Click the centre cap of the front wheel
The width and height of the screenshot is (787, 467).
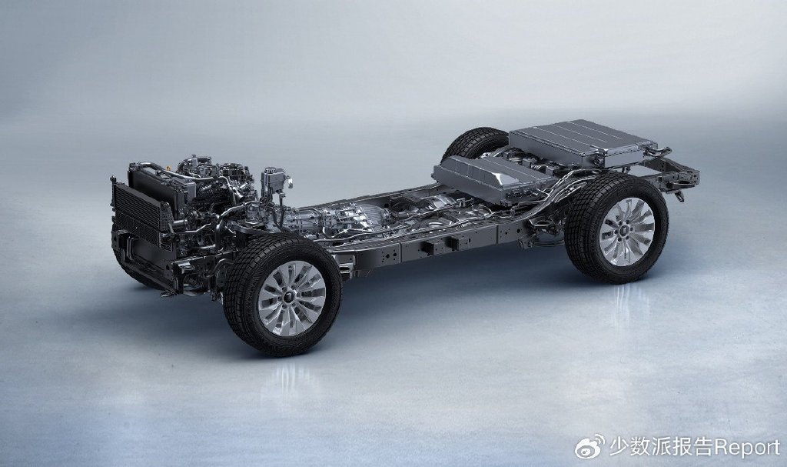(291, 298)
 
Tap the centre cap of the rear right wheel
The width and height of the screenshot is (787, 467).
(626, 232)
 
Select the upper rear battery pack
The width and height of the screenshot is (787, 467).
(583, 142)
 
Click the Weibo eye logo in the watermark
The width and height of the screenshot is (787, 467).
(590, 446)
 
